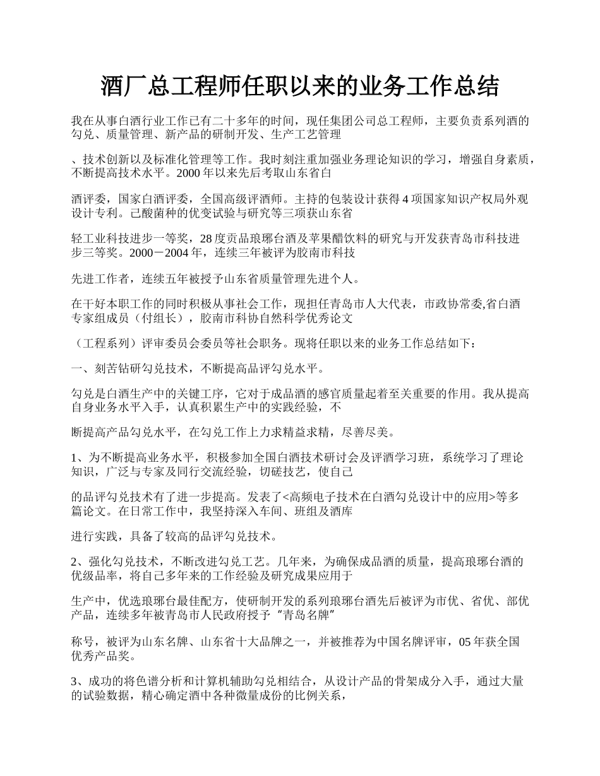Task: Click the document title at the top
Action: pyautogui.click(x=300, y=86)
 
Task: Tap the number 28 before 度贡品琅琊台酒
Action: pyautogui.click(x=206, y=238)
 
